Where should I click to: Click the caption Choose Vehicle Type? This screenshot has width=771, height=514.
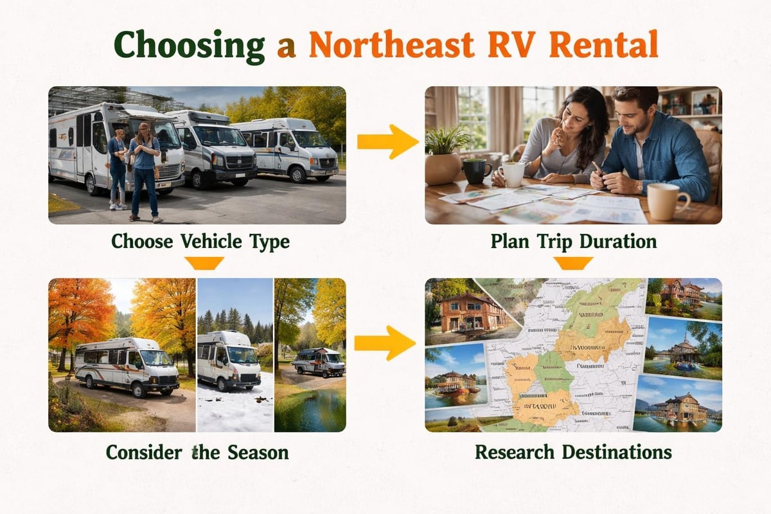200,242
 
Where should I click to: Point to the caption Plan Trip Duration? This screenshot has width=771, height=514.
573,242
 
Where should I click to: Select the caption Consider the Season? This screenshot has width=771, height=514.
197,452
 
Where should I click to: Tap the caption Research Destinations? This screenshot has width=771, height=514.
573,452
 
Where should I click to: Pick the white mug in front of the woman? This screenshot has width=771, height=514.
512,174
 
